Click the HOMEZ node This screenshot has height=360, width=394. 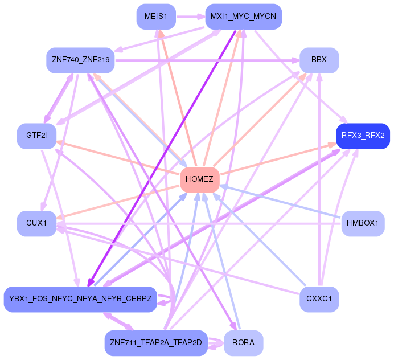(199, 179)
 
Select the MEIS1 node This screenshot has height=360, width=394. (155, 17)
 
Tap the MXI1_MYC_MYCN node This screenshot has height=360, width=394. (243, 17)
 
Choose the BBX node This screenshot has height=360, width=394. (319, 60)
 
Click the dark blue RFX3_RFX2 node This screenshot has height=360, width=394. (363, 136)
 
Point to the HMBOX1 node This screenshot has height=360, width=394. (363, 223)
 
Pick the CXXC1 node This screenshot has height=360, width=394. (319, 298)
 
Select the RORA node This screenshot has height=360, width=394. (243, 342)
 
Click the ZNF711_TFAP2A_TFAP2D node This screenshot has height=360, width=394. (155, 342)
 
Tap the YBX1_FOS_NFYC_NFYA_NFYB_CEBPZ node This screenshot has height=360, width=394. (80, 299)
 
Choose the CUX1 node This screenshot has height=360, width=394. (36, 223)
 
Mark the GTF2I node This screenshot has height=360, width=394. (36, 136)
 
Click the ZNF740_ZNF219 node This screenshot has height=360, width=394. (80, 60)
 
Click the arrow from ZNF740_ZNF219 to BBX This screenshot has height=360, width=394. (205, 59)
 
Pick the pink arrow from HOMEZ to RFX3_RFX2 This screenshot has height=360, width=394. (279, 159)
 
